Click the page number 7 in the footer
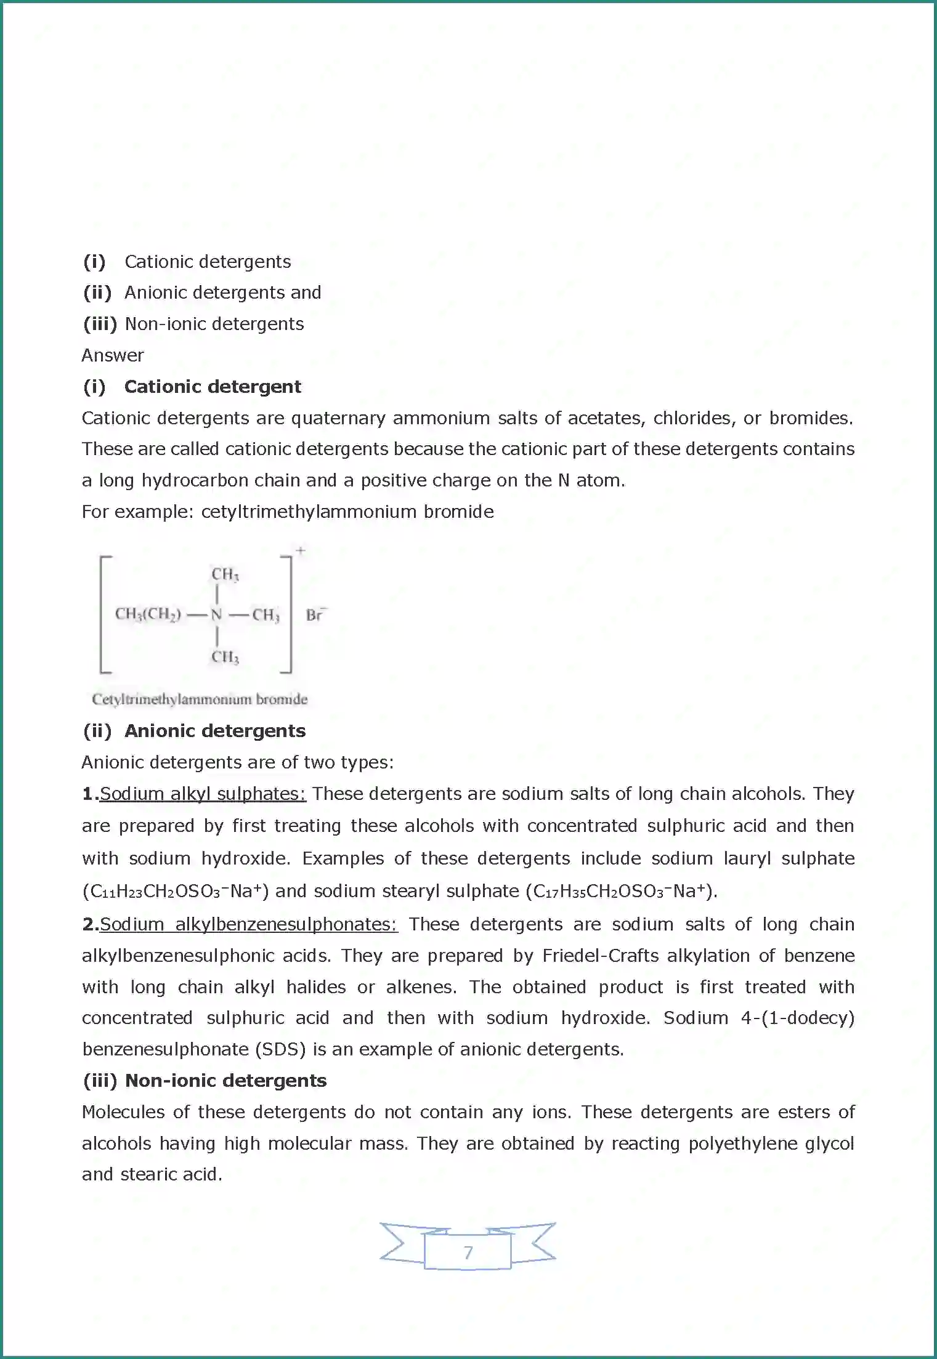[468, 1252]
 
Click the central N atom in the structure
[216, 615]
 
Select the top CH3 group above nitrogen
[225, 575]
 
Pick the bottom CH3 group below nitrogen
[225, 657]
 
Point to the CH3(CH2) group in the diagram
[148, 615]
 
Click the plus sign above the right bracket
[301, 550]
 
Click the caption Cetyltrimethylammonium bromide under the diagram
[200, 700]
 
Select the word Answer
[113, 355]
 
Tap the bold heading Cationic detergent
[213, 387]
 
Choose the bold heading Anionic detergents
[215, 731]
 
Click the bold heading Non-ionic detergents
[225, 1081]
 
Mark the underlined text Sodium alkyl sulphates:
[203, 794]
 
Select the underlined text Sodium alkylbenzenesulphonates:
[249, 924]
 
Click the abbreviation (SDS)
[280, 1049]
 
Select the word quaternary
[338, 418]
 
